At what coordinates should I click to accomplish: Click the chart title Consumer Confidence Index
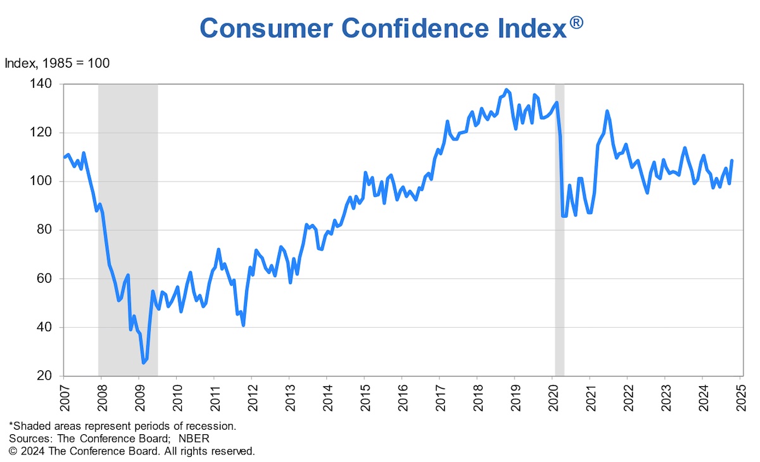(383, 28)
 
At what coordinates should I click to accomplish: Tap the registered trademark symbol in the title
(576, 23)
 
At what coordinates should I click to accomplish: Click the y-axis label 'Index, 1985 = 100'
(57, 63)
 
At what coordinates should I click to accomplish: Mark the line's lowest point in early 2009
(144, 363)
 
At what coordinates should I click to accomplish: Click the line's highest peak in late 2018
(505, 90)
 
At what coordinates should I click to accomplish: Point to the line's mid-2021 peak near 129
(607, 111)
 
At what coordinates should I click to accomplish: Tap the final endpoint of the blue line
(732, 161)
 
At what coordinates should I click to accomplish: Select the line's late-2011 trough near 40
(243, 325)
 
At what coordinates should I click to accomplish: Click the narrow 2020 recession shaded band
(559, 253)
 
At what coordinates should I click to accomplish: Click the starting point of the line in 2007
(65, 157)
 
